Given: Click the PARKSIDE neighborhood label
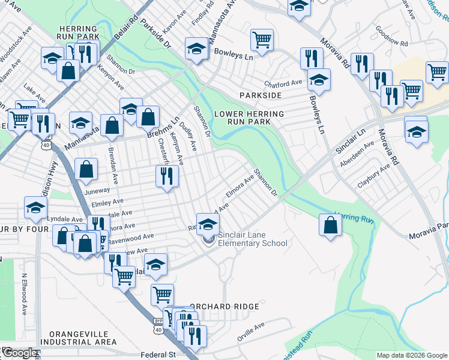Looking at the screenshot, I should (x=261, y=95).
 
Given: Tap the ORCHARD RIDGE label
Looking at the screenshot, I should (x=224, y=307).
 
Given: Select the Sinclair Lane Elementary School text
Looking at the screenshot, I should (x=252, y=239).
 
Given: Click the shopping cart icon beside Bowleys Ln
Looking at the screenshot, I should (x=262, y=40).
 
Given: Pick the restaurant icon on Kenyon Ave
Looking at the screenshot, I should (x=166, y=176).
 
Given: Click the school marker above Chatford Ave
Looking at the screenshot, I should (x=319, y=80).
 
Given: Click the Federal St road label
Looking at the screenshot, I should (x=158, y=355).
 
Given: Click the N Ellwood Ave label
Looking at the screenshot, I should (x=25, y=294).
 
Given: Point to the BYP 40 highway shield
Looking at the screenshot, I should (x=158, y=328).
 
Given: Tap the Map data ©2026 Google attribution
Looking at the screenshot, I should (x=412, y=355).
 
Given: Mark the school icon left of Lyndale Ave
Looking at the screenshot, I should (x=35, y=208).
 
